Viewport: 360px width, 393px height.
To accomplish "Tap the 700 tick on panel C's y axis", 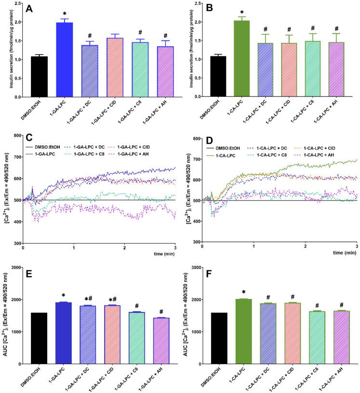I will [15, 157].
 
